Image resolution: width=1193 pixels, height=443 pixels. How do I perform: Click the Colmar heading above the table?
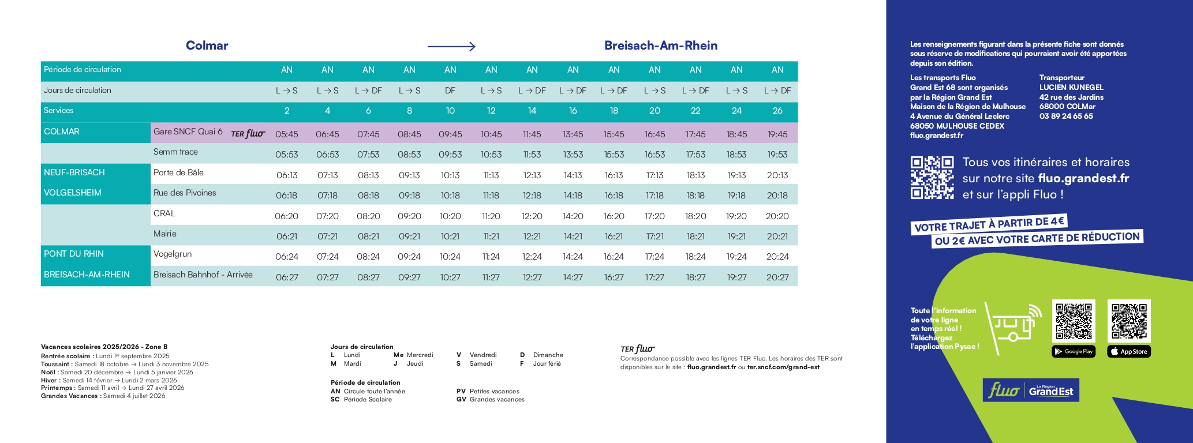pos(207,46)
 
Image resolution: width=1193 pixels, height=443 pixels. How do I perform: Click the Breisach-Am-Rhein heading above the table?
pos(660,46)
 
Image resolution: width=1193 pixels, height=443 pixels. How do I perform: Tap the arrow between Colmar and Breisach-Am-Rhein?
pos(451,46)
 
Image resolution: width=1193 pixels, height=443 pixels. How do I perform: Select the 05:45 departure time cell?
pos(286,134)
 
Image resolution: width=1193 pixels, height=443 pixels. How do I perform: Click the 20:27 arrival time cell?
pos(777,277)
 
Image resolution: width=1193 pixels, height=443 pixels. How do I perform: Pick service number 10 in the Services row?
pos(450,111)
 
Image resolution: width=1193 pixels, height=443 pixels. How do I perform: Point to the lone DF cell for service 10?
pos(450,91)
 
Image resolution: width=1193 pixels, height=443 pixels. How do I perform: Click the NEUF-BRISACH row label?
pos(74,172)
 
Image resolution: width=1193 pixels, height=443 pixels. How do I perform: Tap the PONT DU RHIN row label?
pos(74,254)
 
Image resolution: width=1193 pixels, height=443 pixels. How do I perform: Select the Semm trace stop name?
pos(175,152)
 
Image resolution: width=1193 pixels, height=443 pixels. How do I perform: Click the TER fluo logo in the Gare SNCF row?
pos(248,134)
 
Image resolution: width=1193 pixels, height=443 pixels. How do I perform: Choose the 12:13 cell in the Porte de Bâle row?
pos(532,175)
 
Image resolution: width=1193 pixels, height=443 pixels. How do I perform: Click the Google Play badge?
pos(1074,351)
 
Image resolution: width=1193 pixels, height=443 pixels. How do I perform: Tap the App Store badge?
pos(1128,351)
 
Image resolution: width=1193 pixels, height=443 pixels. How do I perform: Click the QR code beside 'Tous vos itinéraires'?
pos(932,178)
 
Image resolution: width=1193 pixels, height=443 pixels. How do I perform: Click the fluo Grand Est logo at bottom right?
pos(1031,391)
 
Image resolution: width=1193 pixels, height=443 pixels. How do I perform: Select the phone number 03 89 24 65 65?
pos(1066,116)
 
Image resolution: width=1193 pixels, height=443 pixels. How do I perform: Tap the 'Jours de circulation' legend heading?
pos(362,347)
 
